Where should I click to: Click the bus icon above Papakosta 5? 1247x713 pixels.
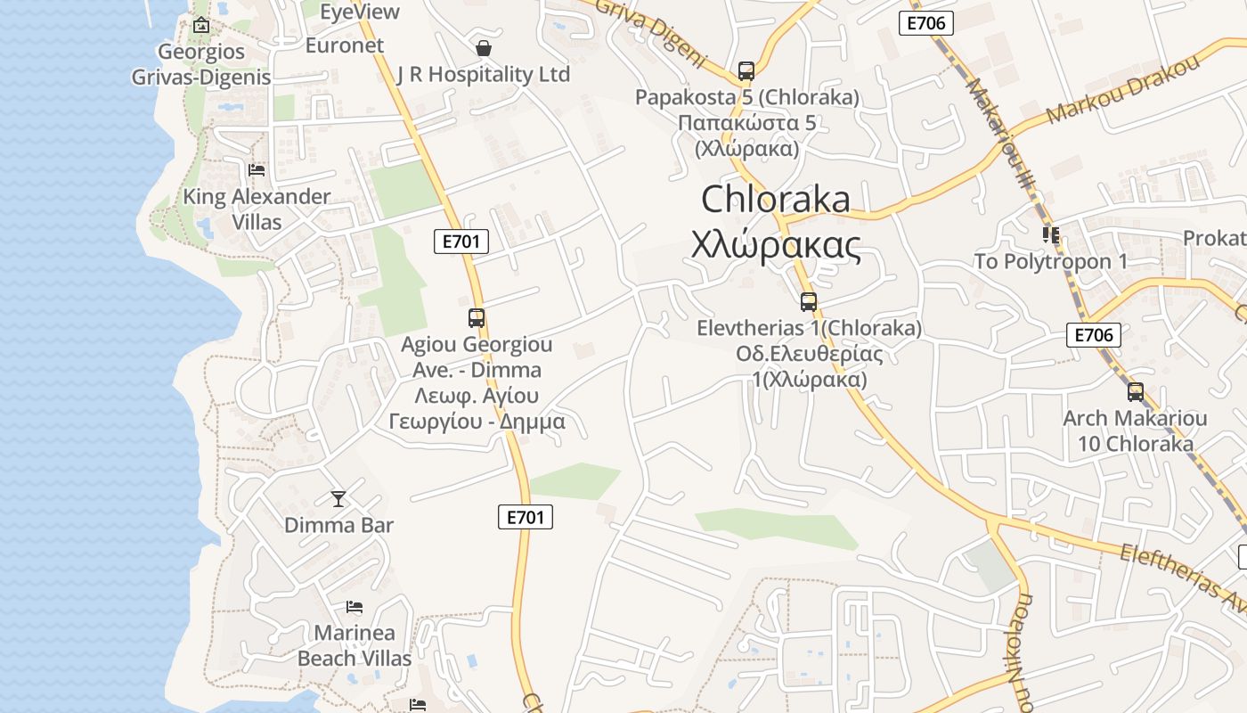tap(746, 71)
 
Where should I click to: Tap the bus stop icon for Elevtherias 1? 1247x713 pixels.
tap(809, 302)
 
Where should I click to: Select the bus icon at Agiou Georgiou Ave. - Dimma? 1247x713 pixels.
tap(477, 318)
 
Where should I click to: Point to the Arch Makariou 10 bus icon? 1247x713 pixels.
tap(1136, 392)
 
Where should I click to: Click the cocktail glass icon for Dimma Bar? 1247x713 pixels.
tap(338, 499)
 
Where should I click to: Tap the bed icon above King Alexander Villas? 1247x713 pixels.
tap(257, 169)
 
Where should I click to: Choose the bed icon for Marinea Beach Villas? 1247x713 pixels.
tap(355, 608)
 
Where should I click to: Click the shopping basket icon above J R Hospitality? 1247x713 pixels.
tap(484, 48)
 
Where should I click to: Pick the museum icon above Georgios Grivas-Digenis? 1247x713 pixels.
tap(201, 25)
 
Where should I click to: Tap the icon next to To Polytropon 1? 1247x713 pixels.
tap(1051, 235)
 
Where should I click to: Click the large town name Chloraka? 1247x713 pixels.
tap(776, 199)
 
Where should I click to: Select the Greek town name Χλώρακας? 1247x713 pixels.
tap(776, 244)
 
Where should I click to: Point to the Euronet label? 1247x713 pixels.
tap(345, 45)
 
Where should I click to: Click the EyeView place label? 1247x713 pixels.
tap(360, 12)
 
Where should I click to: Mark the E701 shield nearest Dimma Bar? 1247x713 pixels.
tap(526, 517)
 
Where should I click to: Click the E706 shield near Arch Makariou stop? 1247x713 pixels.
tap(1093, 335)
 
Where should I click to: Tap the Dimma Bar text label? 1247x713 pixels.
tap(338, 525)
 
